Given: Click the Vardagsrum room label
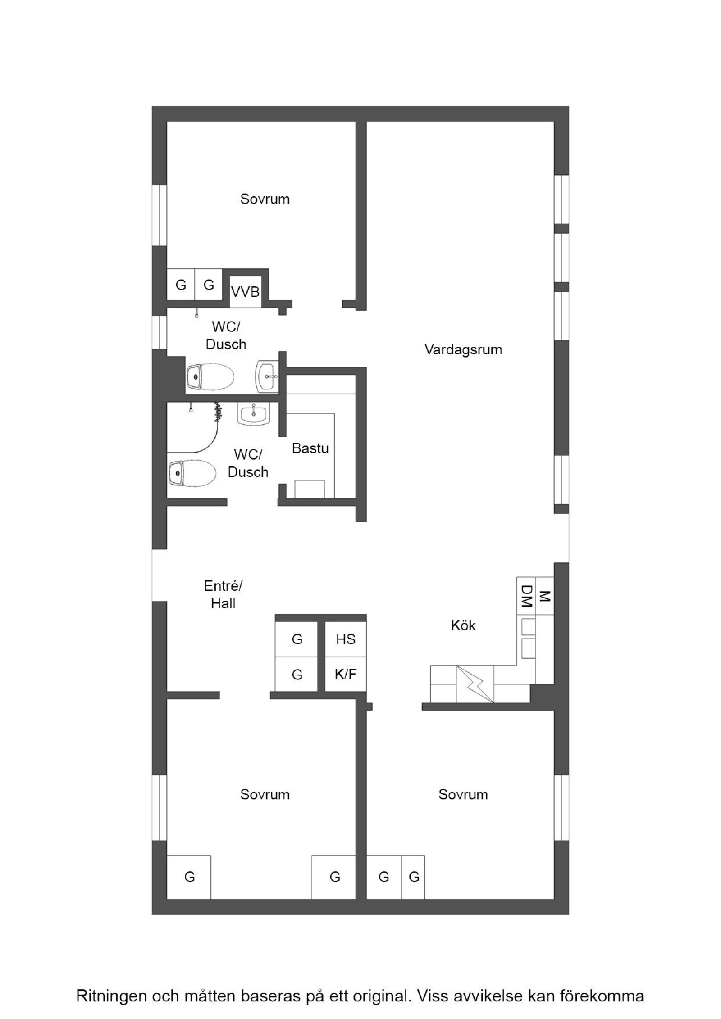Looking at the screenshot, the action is pyautogui.click(x=463, y=350).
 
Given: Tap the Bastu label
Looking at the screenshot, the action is pyautogui.click(x=310, y=448).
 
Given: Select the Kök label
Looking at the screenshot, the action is pyautogui.click(x=463, y=625).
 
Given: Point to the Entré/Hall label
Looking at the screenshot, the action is pyautogui.click(x=223, y=594).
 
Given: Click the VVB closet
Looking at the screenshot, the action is pyautogui.click(x=245, y=292).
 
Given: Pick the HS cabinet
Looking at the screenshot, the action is pyautogui.click(x=346, y=639).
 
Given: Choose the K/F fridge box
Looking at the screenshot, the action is pyautogui.click(x=346, y=674).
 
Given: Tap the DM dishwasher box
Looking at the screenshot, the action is pyautogui.click(x=526, y=596).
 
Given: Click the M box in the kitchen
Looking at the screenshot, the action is pyautogui.click(x=544, y=596).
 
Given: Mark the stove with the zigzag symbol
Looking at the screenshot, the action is pyautogui.click(x=475, y=684).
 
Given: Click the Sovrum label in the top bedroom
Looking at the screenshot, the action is pyautogui.click(x=265, y=199).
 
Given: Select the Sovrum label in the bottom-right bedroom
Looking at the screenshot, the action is pyautogui.click(x=463, y=794).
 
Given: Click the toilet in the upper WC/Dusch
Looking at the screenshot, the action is pyautogui.click(x=210, y=376).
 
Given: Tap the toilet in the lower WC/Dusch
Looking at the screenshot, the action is pyautogui.click(x=192, y=473).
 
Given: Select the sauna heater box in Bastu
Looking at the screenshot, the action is pyautogui.click(x=310, y=489).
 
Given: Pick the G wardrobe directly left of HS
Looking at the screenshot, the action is pyautogui.click(x=297, y=639).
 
